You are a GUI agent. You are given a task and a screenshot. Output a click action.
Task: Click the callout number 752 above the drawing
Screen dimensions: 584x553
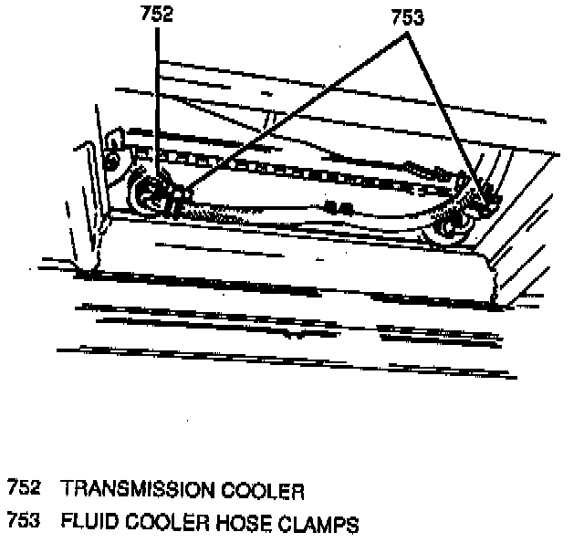[x=157, y=15]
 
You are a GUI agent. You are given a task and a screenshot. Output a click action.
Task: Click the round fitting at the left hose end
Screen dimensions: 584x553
[x=147, y=194]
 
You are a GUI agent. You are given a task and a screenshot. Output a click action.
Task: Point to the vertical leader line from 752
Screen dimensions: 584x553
[x=158, y=91]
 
